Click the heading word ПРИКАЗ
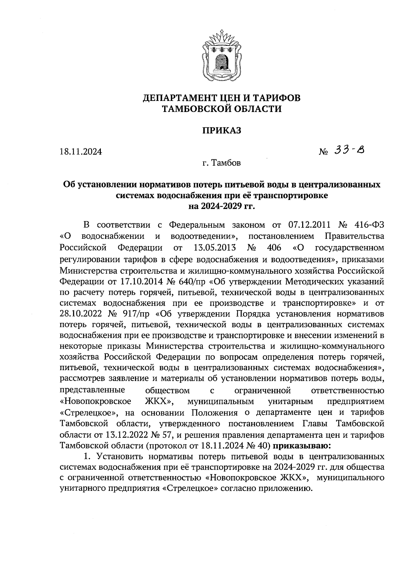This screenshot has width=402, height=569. pyautogui.click(x=221, y=131)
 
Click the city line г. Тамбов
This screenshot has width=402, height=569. pyautogui.click(x=221, y=164)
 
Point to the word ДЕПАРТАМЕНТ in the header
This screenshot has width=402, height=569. pyautogui.click(x=185, y=98)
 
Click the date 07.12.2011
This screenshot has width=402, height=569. pyautogui.click(x=309, y=225)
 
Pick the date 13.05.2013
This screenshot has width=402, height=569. pyautogui.click(x=215, y=248)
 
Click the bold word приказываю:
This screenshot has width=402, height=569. pyautogui.click(x=303, y=446)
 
